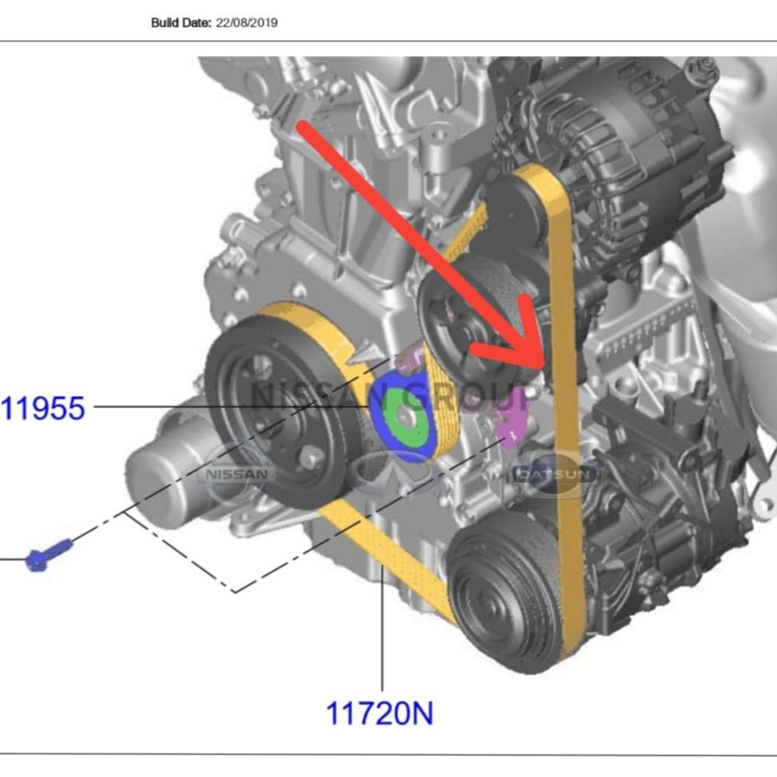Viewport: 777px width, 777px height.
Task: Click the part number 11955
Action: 43,409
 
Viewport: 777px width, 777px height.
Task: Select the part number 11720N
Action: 380,713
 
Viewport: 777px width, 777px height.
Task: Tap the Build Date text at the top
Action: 181,23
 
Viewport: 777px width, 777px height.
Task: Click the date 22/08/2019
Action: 247,23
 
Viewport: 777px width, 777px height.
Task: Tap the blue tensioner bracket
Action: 402,416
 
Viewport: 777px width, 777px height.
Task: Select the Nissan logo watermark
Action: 236,474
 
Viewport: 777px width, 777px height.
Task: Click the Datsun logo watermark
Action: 552,474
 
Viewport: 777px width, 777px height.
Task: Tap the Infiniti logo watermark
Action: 392,473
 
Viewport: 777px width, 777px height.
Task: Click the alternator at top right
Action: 609,163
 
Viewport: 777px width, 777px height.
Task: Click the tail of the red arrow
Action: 303,127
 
